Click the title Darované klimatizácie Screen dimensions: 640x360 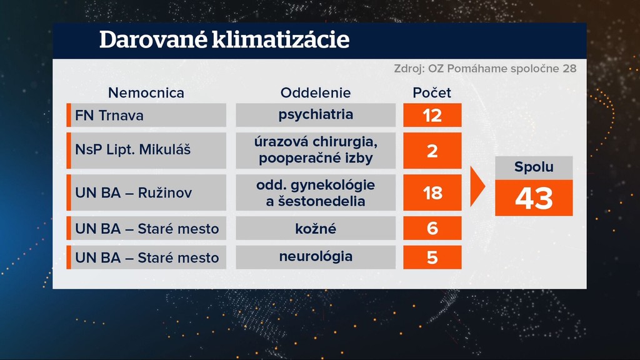(x=224, y=40)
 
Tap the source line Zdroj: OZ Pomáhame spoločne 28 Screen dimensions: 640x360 (x=485, y=69)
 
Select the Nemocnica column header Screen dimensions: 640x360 (x=146, y=93)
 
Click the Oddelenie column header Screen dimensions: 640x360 (x=316, y=93)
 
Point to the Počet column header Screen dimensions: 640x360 (x=432, y=93)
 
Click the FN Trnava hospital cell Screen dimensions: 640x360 (x=146, y=115)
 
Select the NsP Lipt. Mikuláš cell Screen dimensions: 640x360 (x=146, y=150)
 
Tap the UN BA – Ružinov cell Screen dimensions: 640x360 (x=146, y=192)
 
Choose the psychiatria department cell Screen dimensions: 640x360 (x=316, y=115)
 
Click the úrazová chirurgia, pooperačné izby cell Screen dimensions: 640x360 (x=316, y=150)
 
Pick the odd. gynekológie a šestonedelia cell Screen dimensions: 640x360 (x=316, y=192)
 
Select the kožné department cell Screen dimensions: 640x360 (x=316, y=228)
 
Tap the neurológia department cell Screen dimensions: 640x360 (x=316, y=257)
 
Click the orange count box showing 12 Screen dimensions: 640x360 (x=432, y=115)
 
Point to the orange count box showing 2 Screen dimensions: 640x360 (x=432, y=150)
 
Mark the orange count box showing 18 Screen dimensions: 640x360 (x=432, y=192)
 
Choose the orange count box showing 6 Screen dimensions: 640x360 (x=432, y=228)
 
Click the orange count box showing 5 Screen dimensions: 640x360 (x=432, y=257)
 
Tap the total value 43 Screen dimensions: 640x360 (x=534, y=198)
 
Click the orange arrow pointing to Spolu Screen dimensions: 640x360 (x=477, y=186)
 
